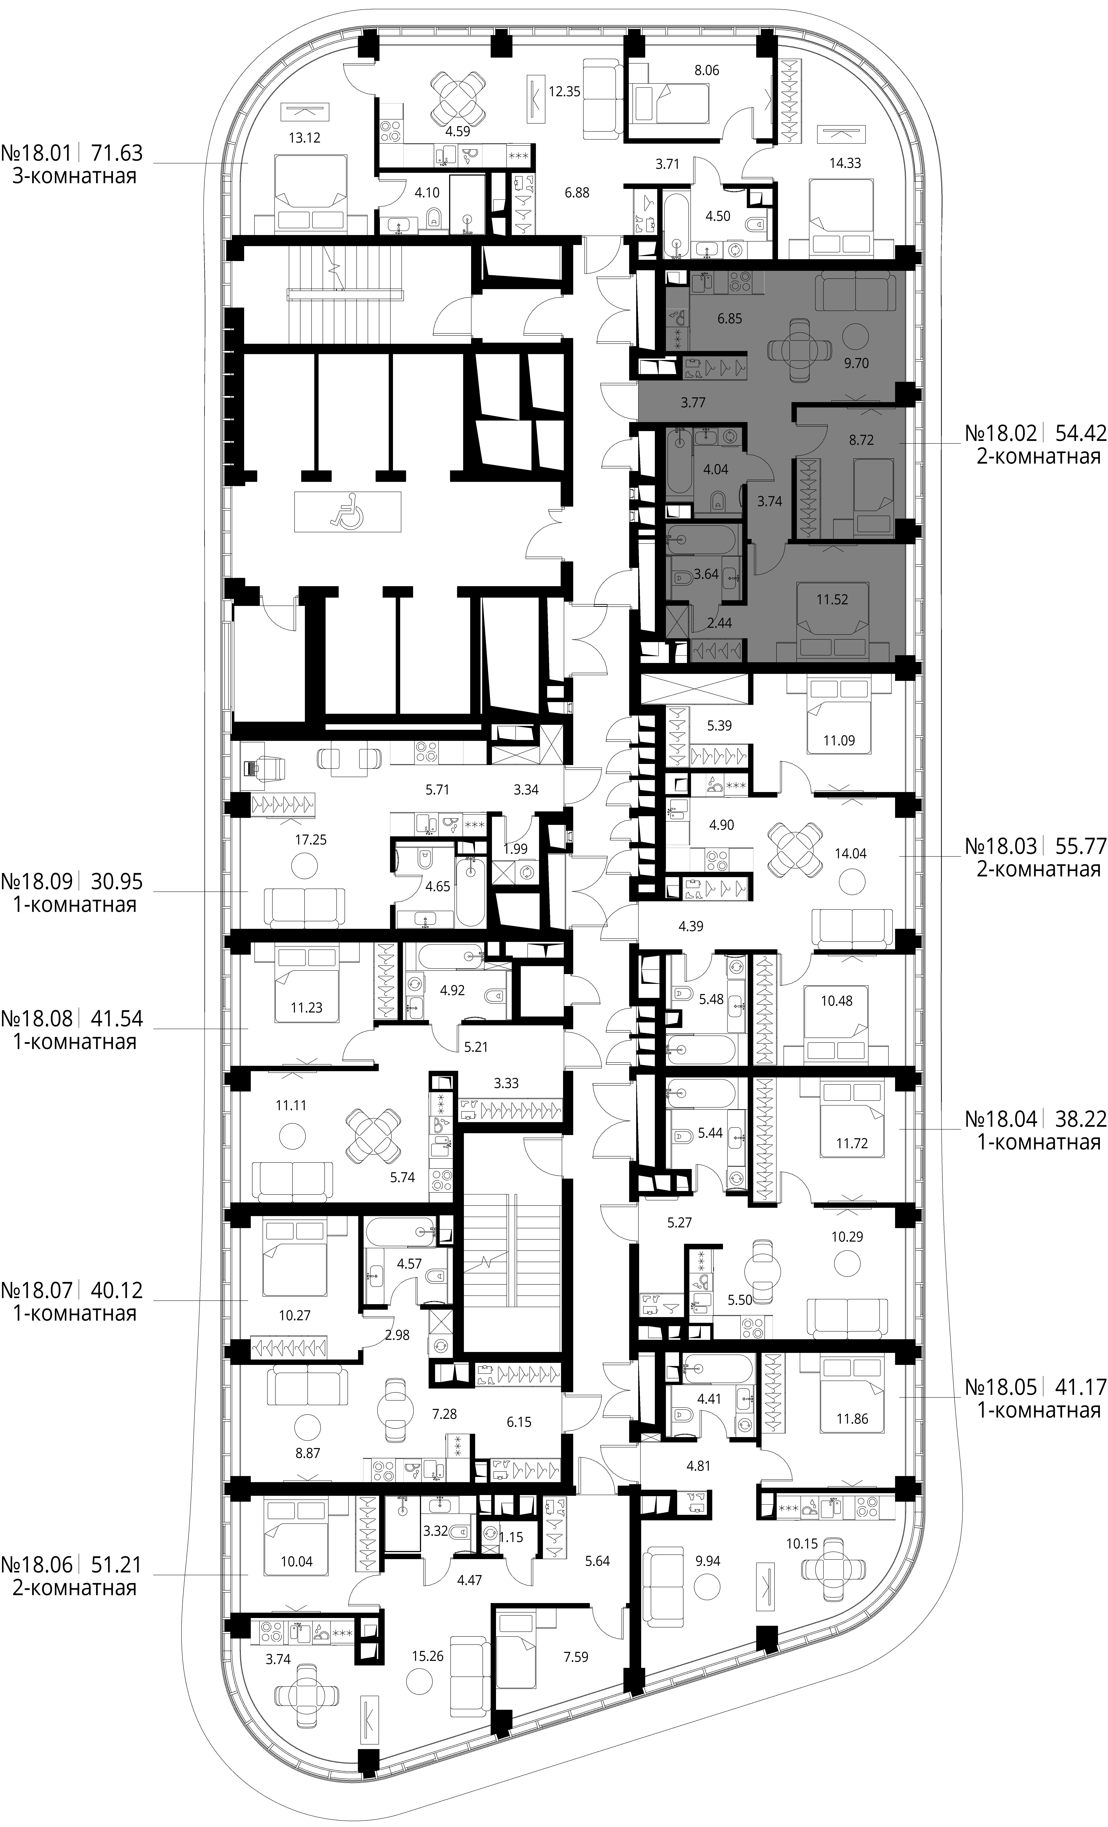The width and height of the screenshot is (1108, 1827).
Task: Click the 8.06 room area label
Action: point(706,71)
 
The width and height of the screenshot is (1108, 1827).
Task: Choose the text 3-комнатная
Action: point(75,176)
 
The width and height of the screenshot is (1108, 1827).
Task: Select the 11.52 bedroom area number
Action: point(832,599)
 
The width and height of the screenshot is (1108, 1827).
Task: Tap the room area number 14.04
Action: point(851,853)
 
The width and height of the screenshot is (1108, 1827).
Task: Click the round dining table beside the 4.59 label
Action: point(459,100)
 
